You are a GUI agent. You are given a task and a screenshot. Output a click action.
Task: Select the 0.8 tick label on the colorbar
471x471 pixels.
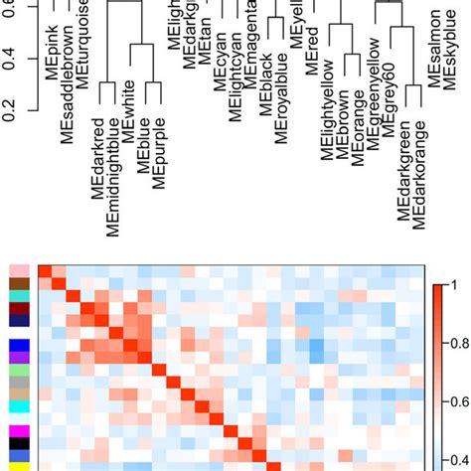459,344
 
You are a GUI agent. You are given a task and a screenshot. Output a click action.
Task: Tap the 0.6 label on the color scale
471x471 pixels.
459,402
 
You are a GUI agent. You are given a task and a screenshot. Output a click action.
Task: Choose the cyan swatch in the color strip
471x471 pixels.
19,406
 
